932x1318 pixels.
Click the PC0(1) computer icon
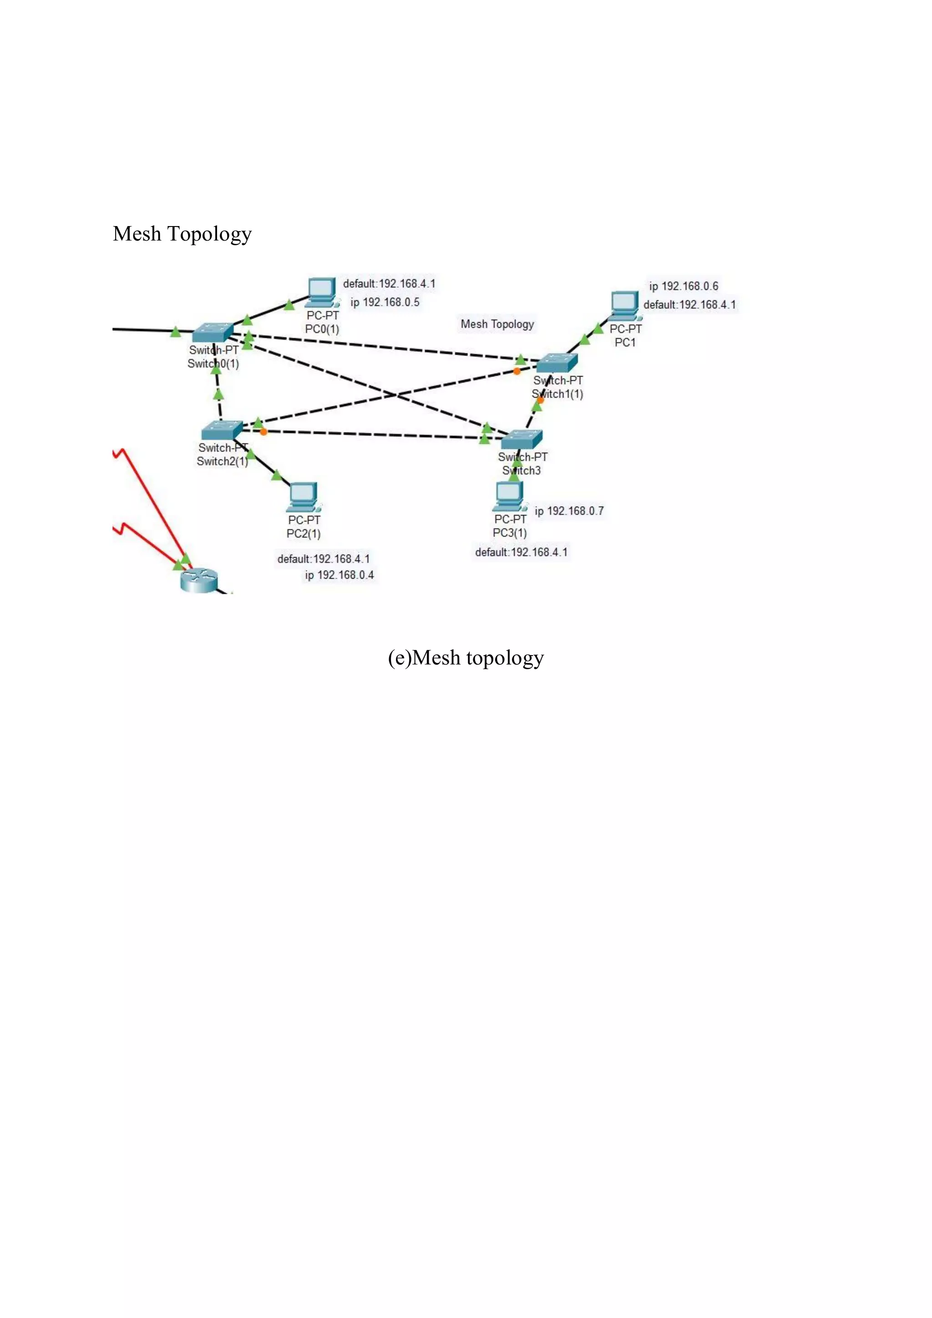pos(322,292)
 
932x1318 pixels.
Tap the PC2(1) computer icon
pos(303,497)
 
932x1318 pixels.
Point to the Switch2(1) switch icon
pos(222,430)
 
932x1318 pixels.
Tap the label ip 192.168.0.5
pos(385,302)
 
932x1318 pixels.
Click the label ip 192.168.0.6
pos(684,286)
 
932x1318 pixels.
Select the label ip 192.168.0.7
pos(569,511)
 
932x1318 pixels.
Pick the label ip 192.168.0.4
pos(339,575)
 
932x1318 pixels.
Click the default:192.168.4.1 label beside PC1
pos(689,304)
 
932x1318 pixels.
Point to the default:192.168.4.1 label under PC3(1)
pos(521,552)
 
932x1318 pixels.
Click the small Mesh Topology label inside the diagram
pos(497,324)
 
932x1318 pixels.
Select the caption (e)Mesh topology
pos(465,657)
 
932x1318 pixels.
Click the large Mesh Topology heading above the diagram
pos(182,234)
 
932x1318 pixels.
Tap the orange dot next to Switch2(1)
pos(263,432)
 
